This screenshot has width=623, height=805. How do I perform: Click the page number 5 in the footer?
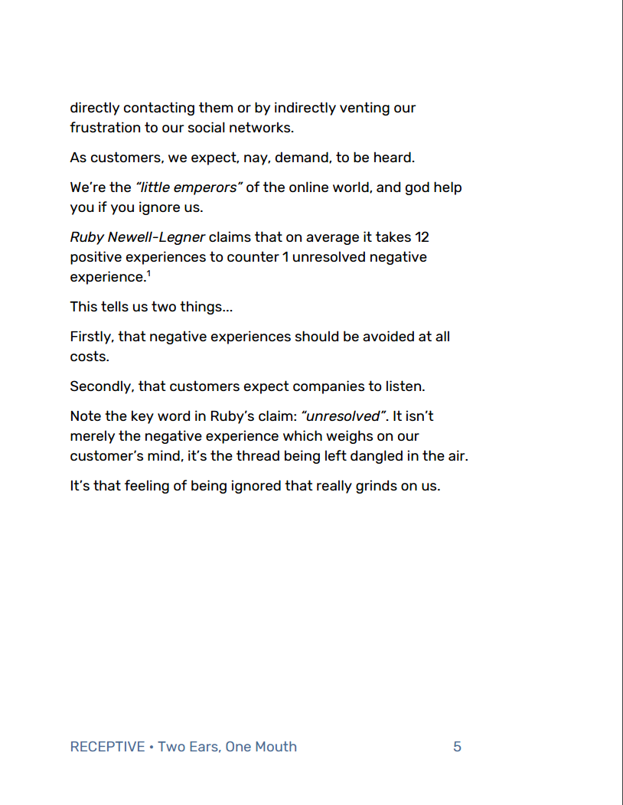point(457,747)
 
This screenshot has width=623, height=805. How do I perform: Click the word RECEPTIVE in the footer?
point(107,747)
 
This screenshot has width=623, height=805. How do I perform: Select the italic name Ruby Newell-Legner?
point(137,237)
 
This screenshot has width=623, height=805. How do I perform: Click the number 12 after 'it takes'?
point(421,237)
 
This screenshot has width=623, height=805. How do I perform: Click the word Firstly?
point(92,337)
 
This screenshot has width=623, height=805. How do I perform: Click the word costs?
point(90,357)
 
